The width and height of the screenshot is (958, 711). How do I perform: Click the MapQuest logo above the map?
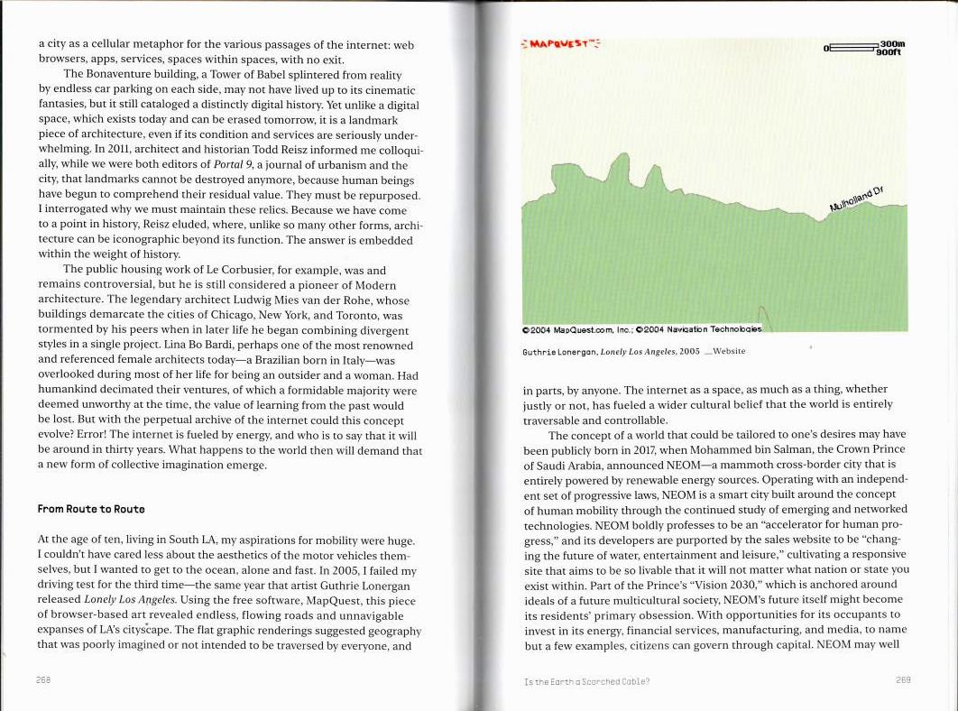(x=560, y=43)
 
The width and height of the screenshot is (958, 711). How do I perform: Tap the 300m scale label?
(x=892, y=43)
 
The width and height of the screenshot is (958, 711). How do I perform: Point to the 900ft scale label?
(x=889, y=52)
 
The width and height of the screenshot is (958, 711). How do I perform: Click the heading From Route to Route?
(x=91, y=510)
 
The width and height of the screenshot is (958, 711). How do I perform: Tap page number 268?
(x=43, y=679)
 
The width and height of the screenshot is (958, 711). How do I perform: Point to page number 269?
(x=903, y=679)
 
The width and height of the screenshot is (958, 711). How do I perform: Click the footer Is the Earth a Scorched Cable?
(x=586, y=681)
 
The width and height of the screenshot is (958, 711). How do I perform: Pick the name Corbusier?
(x=263, y=270)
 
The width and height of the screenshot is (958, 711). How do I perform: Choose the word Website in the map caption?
(x=729, y=351)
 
